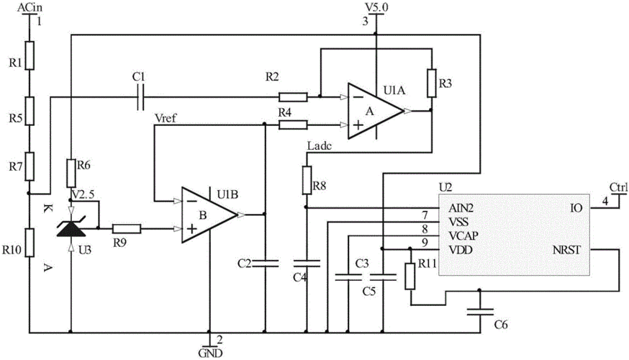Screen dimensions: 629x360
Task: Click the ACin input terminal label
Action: click(30, 6)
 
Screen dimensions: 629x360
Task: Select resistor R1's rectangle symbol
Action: click(30, 55)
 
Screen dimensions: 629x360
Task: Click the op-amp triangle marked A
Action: click(376, 111)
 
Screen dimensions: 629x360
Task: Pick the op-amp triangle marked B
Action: click(209, 215)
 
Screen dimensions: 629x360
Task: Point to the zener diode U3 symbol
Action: click(71, 229)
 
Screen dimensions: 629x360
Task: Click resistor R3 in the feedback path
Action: click(432, 83)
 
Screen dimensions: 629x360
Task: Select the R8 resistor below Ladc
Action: click(307, 180)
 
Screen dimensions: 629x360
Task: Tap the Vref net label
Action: click(166, 119)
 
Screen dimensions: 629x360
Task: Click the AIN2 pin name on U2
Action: click(461, 208)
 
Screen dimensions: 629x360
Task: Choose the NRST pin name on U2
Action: click(566, 250)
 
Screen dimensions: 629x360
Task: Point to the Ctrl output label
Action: click(618, 187)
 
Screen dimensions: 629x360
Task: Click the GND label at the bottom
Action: click(211, 354)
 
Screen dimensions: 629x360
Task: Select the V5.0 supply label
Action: click(376, 6)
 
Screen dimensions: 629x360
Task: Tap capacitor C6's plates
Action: click(480, 312)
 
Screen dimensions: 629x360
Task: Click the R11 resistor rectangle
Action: click(410, 276)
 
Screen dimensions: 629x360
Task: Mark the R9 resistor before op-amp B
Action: click(127, 229)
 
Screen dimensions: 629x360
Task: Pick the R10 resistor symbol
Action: click(30, 243)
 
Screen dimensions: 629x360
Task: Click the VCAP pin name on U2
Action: click(463, 235)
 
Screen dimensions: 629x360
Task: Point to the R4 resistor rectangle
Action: click(293, 125)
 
